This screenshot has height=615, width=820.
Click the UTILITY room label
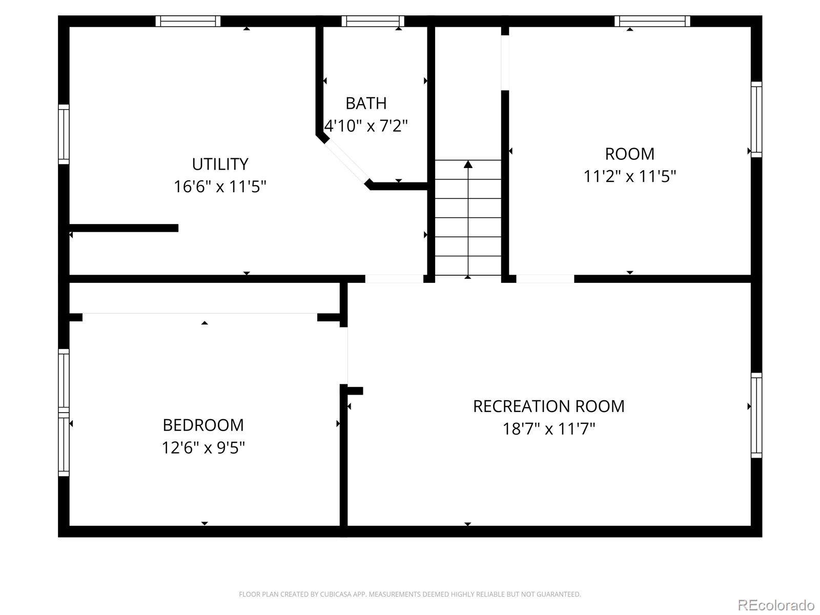(220, 164)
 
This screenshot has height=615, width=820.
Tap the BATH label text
(366, 103)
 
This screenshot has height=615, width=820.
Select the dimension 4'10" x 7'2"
(366, 126)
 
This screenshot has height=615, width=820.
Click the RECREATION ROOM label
(548, 406)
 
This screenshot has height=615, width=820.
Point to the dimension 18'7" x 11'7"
(548, 428)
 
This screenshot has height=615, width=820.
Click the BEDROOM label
(203, 425)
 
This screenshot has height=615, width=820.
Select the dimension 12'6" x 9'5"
(203, 447)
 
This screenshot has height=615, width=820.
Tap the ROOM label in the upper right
(629, 154)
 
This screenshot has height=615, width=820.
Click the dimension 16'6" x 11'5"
(220, 187)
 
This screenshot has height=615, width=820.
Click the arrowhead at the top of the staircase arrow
(468, 164)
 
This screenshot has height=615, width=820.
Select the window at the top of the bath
(373, 21)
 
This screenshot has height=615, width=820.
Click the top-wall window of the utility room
(188, 21)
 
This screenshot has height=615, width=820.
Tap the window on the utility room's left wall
(64, 134)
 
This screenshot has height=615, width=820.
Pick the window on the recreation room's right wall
(756, 415)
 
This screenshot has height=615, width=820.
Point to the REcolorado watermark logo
(776, 605)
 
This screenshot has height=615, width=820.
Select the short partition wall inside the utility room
(124, 228)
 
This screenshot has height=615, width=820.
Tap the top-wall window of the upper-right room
(652, 21)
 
